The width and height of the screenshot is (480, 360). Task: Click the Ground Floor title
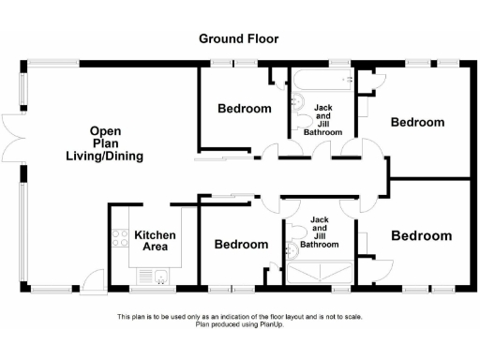(x=238, y=38)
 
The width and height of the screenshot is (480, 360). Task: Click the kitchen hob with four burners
(x=119, y=239)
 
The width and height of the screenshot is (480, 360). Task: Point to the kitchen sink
(x=160, y=275)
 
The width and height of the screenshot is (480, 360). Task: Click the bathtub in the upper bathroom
(x=322, y=81)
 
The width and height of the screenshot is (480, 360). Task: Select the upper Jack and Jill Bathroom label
(x=322, y=120)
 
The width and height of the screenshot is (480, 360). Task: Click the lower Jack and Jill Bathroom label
(x=320, y=229)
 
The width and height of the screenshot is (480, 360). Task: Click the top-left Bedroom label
(x=245, y=108)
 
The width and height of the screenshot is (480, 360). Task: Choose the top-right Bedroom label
(x=416, y=122)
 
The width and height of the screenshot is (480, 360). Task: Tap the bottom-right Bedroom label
(x=422, y=235)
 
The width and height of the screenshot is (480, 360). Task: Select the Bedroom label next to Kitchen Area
(x=241, y=245)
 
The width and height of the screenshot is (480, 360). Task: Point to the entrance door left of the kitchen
(x=93, y=278)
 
